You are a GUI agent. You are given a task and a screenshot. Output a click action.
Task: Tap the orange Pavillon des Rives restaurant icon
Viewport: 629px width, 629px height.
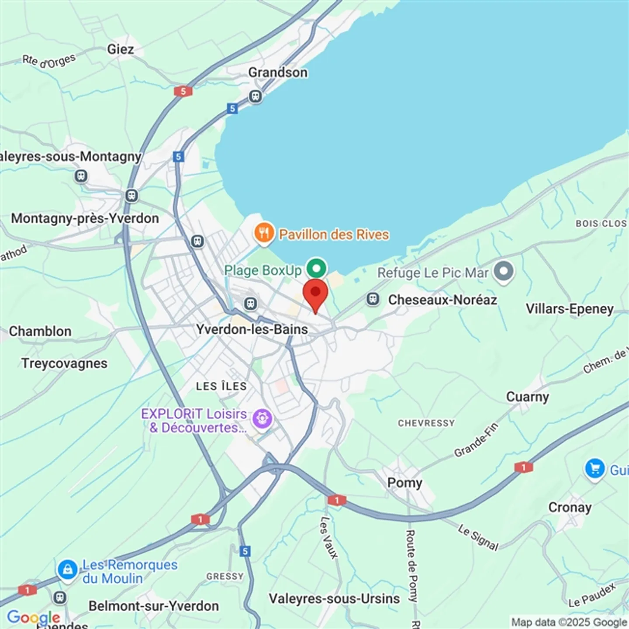coord(264,232)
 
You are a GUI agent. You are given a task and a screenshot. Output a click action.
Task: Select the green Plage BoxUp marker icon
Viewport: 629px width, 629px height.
coord(316,268)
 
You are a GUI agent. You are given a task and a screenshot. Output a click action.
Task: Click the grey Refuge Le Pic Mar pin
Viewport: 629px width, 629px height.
coord(504,271)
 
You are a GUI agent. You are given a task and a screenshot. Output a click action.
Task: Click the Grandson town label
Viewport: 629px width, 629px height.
coord(278,72)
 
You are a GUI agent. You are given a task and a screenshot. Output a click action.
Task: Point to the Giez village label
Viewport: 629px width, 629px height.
coord(121,49)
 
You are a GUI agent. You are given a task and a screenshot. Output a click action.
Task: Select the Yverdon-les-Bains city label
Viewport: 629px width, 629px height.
coord(252,329)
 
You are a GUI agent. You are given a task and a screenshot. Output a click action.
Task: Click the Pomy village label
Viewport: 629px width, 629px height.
coord(405,483)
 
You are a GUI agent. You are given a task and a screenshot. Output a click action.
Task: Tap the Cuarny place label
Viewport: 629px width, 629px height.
coord(527,397)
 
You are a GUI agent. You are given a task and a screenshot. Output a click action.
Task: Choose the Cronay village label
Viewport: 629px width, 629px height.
coord(570,507)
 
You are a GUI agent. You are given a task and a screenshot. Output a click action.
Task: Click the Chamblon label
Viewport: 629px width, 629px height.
coord(40,331)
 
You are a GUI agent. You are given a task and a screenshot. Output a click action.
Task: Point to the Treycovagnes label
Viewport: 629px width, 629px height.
coord(64,363)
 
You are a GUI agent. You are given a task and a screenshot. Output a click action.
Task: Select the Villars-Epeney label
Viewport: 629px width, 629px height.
coord(570,309)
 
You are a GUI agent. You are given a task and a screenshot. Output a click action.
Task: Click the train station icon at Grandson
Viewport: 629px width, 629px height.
coord(255,96)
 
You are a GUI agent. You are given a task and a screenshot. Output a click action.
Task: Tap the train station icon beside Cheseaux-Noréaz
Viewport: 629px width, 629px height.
coord(373,299)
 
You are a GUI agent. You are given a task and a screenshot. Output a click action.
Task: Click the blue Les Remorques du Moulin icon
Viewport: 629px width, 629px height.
coord(68,570)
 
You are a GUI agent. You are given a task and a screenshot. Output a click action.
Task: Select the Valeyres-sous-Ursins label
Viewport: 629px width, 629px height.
coord(334,598)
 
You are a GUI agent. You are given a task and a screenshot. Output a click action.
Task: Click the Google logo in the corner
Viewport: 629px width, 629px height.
coord(34,617)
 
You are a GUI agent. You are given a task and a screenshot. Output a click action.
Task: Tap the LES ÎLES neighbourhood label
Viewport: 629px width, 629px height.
coord(221,386)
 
